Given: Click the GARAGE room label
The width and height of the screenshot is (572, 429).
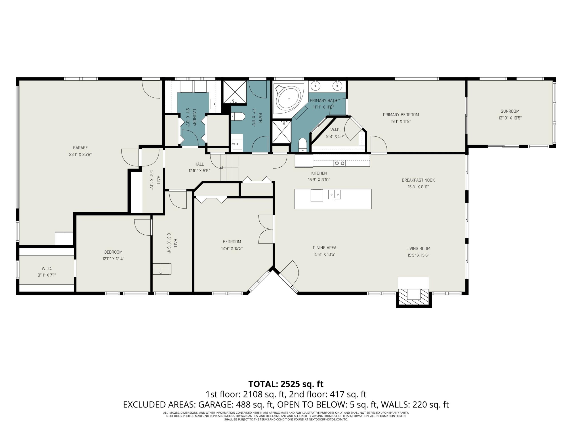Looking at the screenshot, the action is point(80,148).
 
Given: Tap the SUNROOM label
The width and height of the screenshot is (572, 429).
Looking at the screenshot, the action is point(510,111).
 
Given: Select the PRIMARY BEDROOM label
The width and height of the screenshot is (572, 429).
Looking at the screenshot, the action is point(401,115).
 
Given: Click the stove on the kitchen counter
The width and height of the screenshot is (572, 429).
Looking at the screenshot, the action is point(340,163).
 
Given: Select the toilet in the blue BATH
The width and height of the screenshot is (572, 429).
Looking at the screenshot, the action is point(238,117).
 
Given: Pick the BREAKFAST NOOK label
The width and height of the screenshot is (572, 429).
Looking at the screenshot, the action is point(418,180).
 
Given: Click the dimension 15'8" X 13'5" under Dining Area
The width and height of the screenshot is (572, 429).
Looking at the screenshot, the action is point(324,254).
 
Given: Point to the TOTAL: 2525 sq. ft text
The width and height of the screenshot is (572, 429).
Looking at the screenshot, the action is point(286,384).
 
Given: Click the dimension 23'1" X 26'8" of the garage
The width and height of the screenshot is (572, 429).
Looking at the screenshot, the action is point(80,154).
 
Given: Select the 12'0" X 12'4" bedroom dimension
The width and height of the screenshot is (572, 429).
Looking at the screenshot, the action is point(113,259).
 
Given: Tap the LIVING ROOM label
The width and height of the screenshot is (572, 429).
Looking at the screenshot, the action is point(418,248).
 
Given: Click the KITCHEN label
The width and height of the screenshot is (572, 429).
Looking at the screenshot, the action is point(319,173).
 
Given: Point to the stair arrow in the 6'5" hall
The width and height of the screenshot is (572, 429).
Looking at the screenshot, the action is point(161,272).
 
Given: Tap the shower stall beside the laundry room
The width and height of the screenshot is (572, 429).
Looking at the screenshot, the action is point(235,92).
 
